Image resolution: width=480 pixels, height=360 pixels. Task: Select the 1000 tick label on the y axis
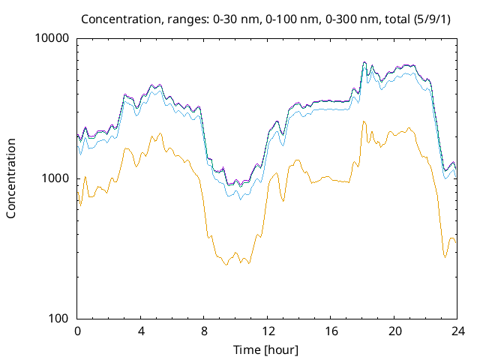[57, 178]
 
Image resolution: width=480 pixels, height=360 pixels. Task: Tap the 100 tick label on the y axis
[60, 319]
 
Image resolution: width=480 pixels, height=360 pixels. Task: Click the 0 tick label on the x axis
[77, 331]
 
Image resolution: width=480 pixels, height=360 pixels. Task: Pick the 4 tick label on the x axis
[141, 331]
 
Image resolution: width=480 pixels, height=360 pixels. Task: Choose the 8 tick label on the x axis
[204, 331]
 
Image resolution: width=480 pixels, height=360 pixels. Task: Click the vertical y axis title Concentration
[11, 178]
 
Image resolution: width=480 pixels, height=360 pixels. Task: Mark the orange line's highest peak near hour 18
[364, 121]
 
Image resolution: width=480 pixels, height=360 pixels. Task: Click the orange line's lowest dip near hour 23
[445, 257]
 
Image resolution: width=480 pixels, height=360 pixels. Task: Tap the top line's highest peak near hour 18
[364, 62]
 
